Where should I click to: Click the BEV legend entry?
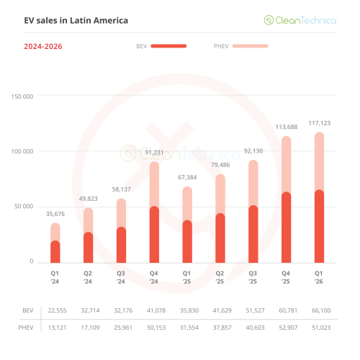tap(161, 46)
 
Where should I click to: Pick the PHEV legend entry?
tap(240, 46)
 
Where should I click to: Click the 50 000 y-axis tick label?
tap(24, 206)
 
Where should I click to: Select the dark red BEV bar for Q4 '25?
tap(286, 227)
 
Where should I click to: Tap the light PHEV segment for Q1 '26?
tap(319, 161)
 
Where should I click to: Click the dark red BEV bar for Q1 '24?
tap(55, 251)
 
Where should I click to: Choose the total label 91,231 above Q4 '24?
tap(154, 152)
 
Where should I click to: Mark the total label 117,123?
tap(319, 123)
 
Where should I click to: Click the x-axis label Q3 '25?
tap(253, 277)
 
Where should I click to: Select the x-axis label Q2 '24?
tap(88, 277)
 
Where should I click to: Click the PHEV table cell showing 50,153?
tap(154, 328)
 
